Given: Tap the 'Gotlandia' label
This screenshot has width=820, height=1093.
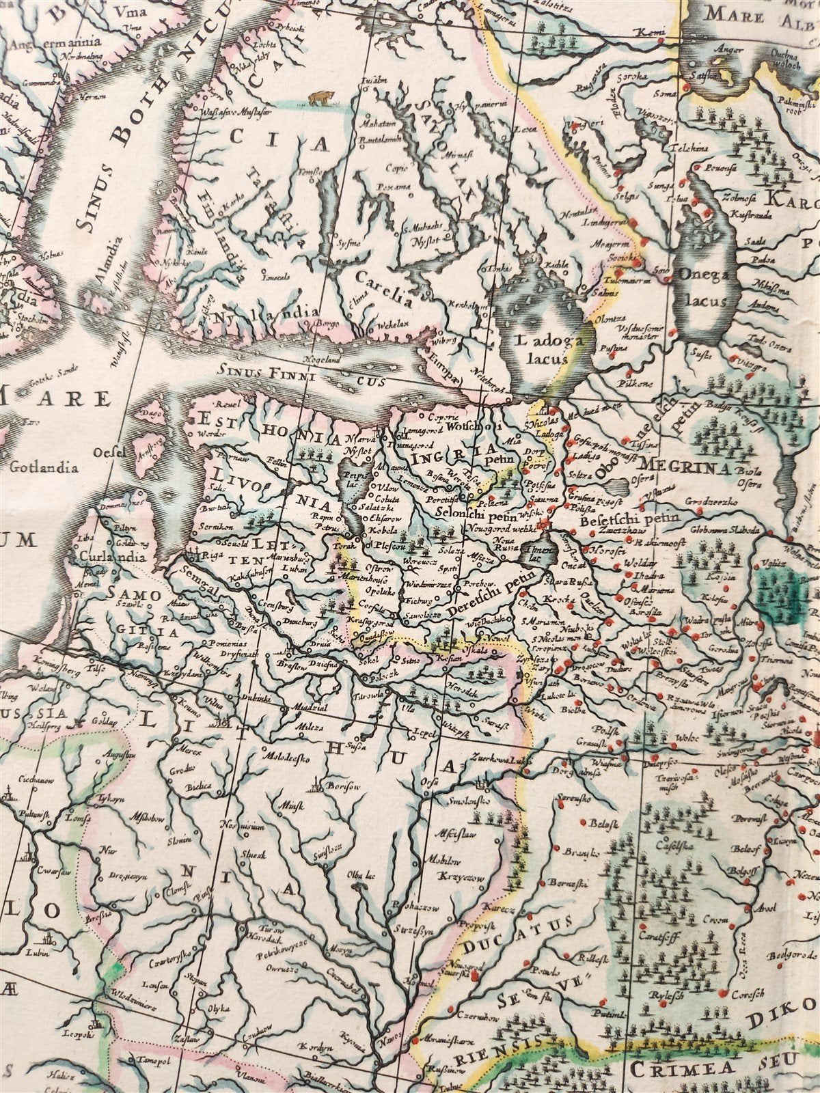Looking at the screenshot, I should [40, 468].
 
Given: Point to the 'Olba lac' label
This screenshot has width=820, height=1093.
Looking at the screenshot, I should [362, 876].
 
